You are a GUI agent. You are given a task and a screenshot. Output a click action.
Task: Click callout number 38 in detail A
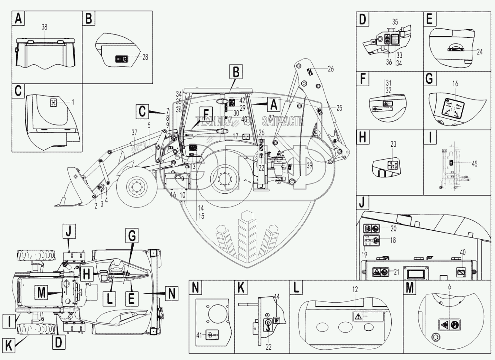point(44,27)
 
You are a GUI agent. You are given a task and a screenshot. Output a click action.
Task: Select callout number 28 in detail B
point(145,57)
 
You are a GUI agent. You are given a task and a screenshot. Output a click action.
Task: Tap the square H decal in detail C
point(54,103)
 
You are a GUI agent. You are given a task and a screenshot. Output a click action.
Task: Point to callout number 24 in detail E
point(479,52)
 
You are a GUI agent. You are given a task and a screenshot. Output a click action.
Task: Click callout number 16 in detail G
point(455,84)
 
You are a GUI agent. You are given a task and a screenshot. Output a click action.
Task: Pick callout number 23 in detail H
point(393,144)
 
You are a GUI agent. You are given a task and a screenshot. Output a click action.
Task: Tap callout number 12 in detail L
point(355,290)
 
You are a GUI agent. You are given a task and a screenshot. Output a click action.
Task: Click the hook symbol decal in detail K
point(267,323)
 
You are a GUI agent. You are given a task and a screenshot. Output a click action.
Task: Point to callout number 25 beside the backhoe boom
point(339,108)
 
